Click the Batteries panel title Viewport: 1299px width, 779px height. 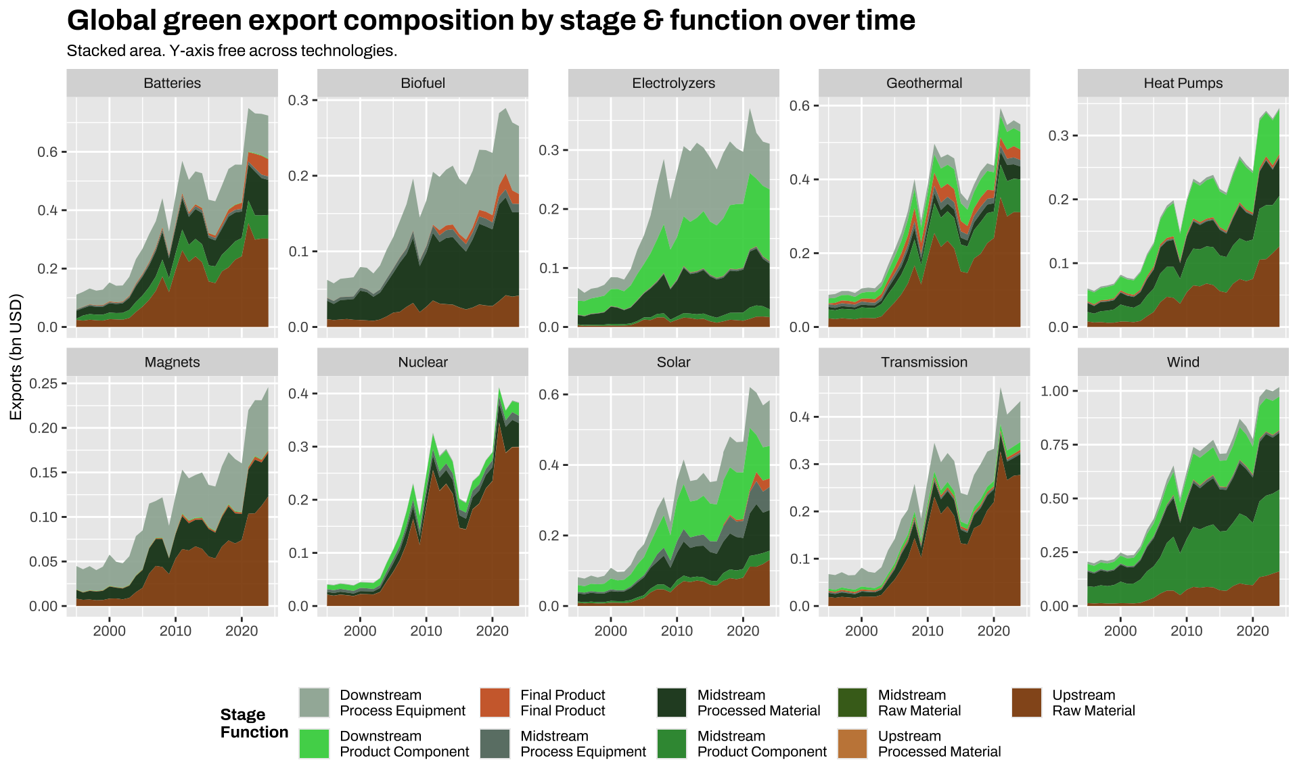[172, 83]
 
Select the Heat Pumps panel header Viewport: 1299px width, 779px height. [1183, 83]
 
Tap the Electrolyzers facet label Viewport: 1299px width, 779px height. [673, 83]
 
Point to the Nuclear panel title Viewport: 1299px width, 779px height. [423, 362]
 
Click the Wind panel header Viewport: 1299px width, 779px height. [1183, 362]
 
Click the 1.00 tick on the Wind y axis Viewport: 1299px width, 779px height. [1054, 392]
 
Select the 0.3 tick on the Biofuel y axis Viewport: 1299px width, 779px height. [298, 100]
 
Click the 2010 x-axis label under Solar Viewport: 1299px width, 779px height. [677, 631]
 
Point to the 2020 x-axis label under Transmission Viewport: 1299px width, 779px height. [993, 631]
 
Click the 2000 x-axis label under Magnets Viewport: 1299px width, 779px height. [109, 631]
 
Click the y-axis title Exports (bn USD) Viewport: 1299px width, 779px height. [16, 356]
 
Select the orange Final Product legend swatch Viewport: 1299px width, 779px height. [495, 703]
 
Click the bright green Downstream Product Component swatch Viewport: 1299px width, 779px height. [314, 744]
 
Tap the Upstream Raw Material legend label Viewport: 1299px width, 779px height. [1093, 703]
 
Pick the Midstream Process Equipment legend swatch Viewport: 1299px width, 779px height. [495, 744]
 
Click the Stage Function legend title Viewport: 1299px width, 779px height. [254, 724]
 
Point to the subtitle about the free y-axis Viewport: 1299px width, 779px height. [231, 51]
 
